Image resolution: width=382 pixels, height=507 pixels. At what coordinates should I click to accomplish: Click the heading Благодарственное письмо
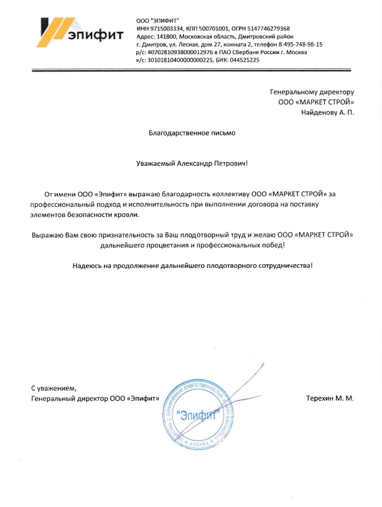(x=192, y=133)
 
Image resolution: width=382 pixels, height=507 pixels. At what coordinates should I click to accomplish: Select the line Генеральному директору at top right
(x=316, y=92)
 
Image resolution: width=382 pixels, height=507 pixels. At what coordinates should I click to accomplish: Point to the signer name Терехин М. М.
(x=330, y=398)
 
